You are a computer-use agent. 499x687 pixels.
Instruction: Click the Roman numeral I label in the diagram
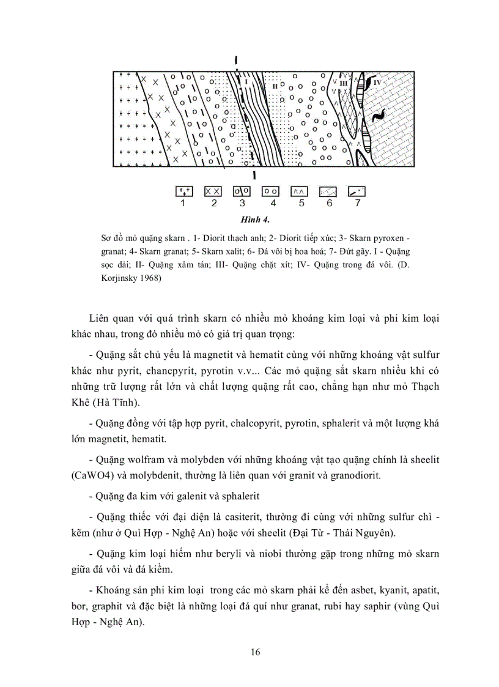245,81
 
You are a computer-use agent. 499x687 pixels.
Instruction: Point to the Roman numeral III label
343,82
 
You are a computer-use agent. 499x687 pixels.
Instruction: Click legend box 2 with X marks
213,191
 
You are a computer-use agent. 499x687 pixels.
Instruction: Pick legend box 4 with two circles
270,191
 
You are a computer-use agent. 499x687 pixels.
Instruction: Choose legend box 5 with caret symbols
299,191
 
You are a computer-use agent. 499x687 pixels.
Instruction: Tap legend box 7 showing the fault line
357,191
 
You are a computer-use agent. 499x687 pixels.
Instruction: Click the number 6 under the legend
329,203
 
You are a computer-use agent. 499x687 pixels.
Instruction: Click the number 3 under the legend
242,203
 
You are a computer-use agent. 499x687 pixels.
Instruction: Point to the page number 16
256,652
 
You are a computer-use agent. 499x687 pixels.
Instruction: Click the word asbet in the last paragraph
344,592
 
